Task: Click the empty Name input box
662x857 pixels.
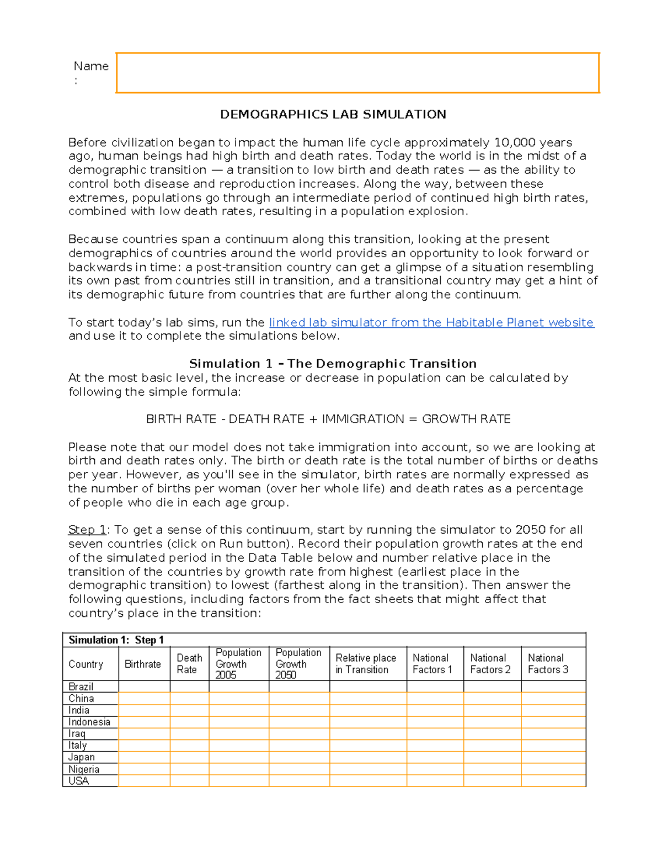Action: (357, 73)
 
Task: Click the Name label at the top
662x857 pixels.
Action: (91, 66)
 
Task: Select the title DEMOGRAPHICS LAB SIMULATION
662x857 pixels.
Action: (333, 114)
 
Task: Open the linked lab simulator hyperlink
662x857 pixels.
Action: (431, 322)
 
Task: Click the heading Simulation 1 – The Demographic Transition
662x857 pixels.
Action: (333, 364)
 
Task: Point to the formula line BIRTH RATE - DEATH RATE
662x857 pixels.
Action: (328, 419)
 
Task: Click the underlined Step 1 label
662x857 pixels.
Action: (87, 530)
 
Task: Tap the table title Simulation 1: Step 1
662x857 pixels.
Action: (116, 640)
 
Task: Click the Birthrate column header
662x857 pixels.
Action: (143, 664)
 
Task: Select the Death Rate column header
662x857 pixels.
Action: (189, 664)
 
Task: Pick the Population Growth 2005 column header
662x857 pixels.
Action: (238, 664)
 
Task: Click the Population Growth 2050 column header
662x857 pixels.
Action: (298, 664)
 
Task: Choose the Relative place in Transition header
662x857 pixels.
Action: (366, 664)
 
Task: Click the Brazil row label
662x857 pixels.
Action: (81, 686)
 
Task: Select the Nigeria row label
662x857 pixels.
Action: (84, 769)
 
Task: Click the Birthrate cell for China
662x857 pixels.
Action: (144, 699)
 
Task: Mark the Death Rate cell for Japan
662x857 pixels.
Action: (189, 757)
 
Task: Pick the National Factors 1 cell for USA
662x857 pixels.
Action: (435, 781)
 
